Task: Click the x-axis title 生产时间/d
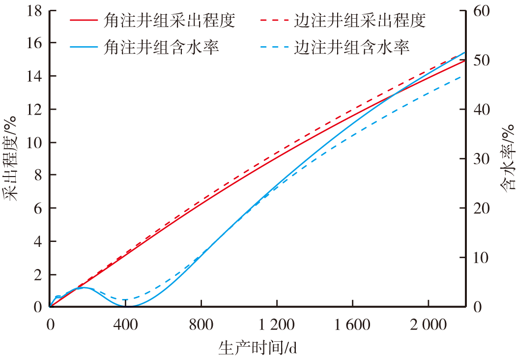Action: click(258, 349)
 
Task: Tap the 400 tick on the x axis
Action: click(125, 324)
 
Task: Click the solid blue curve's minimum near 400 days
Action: click(129, 306)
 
